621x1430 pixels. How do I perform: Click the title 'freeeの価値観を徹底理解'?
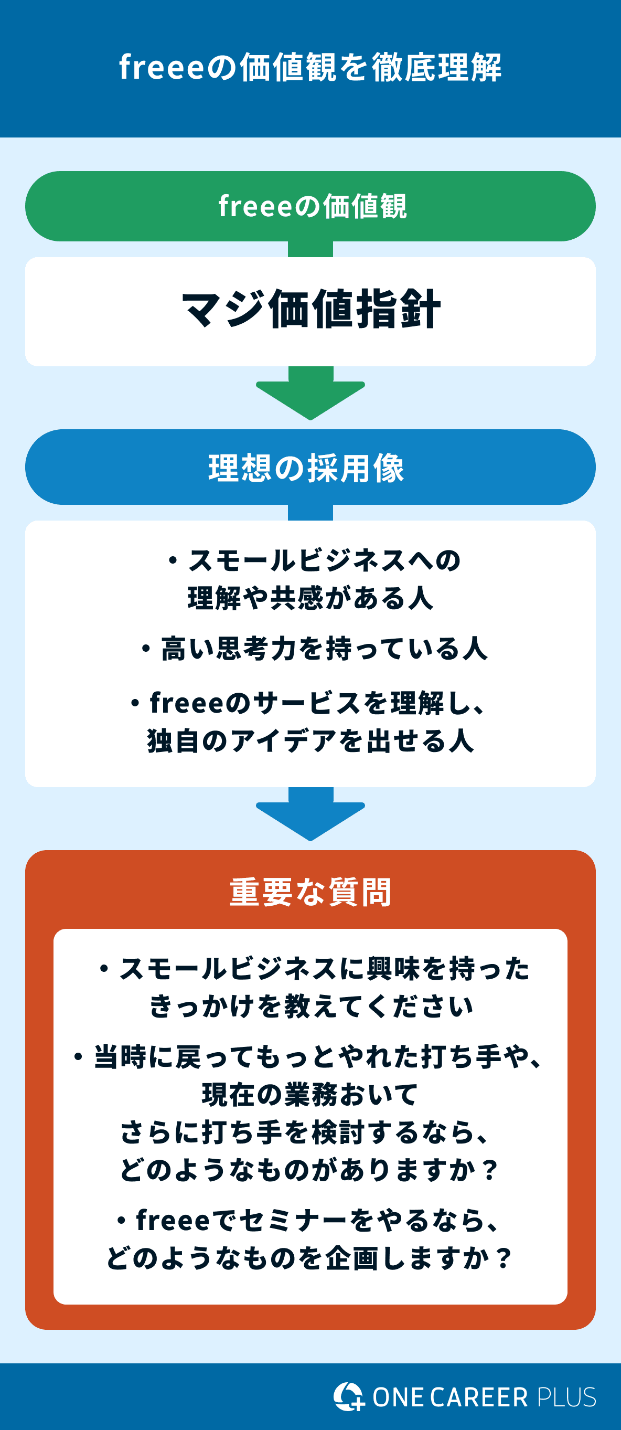[310, 67]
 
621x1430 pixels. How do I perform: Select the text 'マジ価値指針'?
[310, 309]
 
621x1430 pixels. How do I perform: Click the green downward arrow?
[310, 395]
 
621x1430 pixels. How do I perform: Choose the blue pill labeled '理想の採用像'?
[310, 467]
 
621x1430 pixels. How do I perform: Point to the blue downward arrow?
[310, 816]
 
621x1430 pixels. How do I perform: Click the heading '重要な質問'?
[310, 892]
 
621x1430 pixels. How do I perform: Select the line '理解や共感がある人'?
[310, 598]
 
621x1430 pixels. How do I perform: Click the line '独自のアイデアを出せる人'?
[310, 740]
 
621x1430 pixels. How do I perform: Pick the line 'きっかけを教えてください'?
[310, 1006]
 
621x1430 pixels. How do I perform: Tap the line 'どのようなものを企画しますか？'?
[310, 1258]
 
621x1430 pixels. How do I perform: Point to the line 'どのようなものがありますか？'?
[310, 1170]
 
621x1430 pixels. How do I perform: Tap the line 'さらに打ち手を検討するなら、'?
[305, 1132]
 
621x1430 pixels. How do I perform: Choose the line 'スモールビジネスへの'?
[324, 560]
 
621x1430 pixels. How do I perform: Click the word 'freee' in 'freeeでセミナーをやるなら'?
[165, 1220]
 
